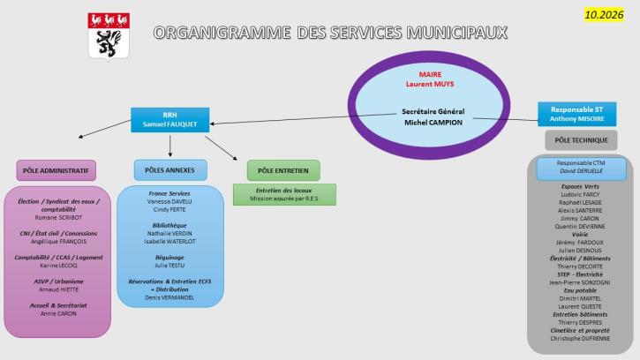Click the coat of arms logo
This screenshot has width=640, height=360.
pyautogui.click(x=109, y=36)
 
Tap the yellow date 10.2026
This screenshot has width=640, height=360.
pyautogui.click(x=604, y=15)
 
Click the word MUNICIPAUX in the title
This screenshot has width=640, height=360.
pyautogui.click(x=457, y=33)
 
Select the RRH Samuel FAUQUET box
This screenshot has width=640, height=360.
pyautogui.click(x=169, y=120)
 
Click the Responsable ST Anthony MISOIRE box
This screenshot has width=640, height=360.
pyautogui.click(x=576, y=114)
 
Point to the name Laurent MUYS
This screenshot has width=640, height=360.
pyautogui.click(x=430, y=84)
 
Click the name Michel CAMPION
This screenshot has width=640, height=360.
pyautogui.click(x=433, y=123)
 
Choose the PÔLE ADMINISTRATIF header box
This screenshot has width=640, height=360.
pyautogui.click(x=56, y=170)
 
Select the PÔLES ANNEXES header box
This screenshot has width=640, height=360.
pyautogui.click(x=170, y=169)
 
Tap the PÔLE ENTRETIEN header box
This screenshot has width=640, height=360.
pyautogui.click(x=283, y=170)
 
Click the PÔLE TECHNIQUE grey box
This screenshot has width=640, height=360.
pyautogui.click(x=581, y=140)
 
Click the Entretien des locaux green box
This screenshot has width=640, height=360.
pyautogui.click(x=284, y=194)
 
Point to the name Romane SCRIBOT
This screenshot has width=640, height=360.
pyautogui.click(x=58, y=218)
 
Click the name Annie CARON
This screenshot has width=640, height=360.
pyautogui.click(x=58, y=313)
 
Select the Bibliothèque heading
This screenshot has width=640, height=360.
pyautogui.click(x=169, y=225)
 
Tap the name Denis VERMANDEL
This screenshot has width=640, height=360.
pyautogui.click(x=169, y=297)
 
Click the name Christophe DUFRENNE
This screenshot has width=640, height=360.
pyautogui.click(x=580, y=338)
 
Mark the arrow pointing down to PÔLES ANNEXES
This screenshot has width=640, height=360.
pyautogui.click(x=169, y=146)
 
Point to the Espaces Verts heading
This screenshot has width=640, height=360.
pyautogui.click(x=580, y=186)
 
